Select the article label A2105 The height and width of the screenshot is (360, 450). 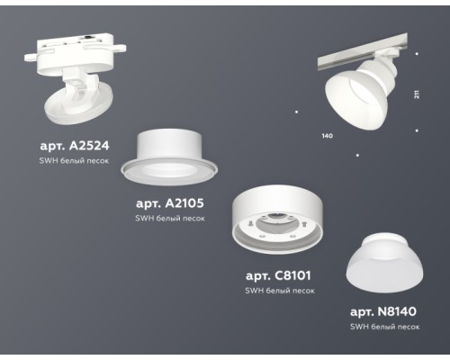tap(171, 204)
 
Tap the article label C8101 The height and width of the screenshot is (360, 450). tap(280, 275)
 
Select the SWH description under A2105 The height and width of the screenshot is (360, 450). tap(170, 219)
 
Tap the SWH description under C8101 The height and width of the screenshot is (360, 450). tap(279, 291)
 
